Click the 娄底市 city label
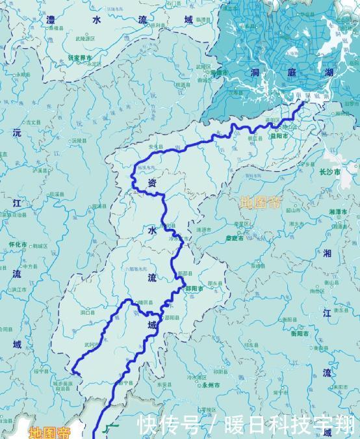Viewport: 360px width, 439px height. [235, 238]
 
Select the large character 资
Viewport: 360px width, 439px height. [152, 183]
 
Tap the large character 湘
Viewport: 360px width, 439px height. [326, 252]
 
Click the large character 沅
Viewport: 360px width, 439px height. [17, 133]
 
